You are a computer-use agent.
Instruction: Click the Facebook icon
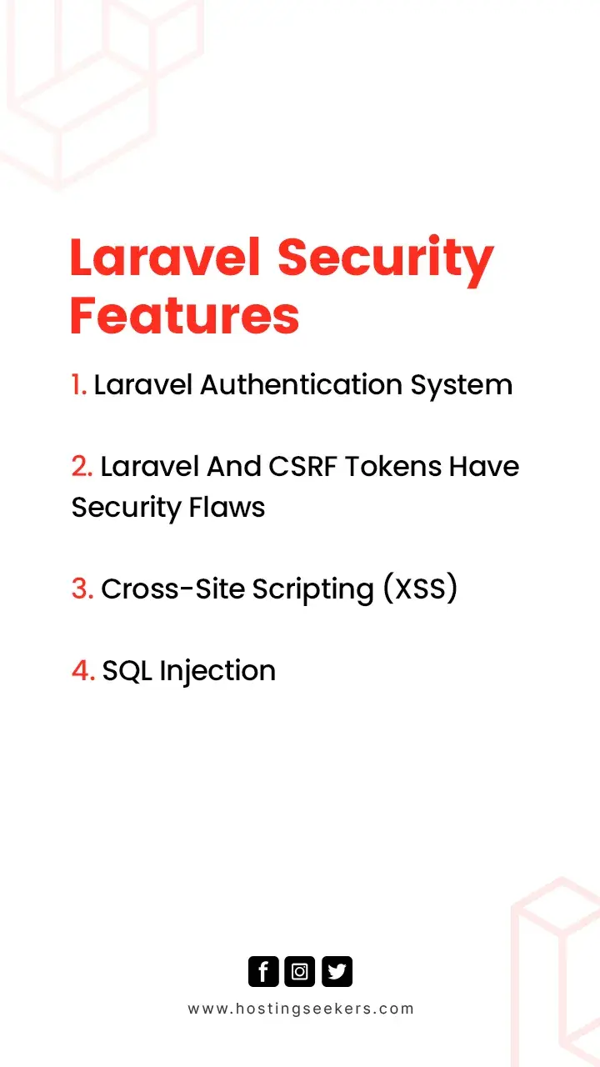(263, 971)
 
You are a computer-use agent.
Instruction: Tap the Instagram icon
(299, 971)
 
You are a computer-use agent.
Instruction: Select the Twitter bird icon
(337, 971)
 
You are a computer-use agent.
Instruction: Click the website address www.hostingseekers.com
(301, 1009)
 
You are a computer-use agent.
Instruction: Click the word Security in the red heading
(386, 261)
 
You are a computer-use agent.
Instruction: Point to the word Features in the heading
(185, 315)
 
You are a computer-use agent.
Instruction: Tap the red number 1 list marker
(79, 384)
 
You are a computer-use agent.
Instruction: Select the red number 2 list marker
(82, 466)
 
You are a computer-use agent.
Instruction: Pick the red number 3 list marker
(82, 589)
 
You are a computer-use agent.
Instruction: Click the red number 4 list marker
(83, 671)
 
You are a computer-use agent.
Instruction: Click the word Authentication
(301, 384)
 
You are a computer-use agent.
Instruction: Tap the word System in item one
(462, 386)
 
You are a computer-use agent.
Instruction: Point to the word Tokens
(393, 466)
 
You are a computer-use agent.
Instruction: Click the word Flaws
(227, 507)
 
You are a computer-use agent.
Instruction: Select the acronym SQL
(127, 671)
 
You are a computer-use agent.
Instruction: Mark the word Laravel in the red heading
(166, 258)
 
